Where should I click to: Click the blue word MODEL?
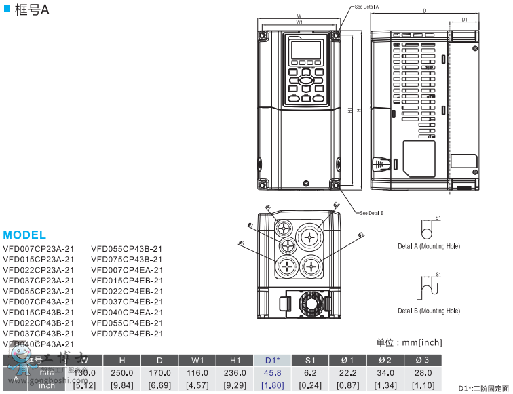click(24, 235)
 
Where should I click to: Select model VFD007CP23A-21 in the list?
click(39, 248)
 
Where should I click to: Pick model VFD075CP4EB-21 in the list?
click(127, 334)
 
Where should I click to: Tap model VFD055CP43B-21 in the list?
click(127, 248)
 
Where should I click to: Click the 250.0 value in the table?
click(122, 372)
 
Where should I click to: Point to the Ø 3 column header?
click(422, 359)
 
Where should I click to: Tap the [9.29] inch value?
click(235, 385)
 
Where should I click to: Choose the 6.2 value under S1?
click(309, 372)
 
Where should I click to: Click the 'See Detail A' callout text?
click(366, 6)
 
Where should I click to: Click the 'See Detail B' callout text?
click(372, 213)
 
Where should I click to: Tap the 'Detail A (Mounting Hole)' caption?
click(429, 246)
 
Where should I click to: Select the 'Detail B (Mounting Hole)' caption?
click(429, 311)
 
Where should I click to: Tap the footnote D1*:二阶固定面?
click(483, 388)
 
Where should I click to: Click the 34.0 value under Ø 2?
click(384, 372)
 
